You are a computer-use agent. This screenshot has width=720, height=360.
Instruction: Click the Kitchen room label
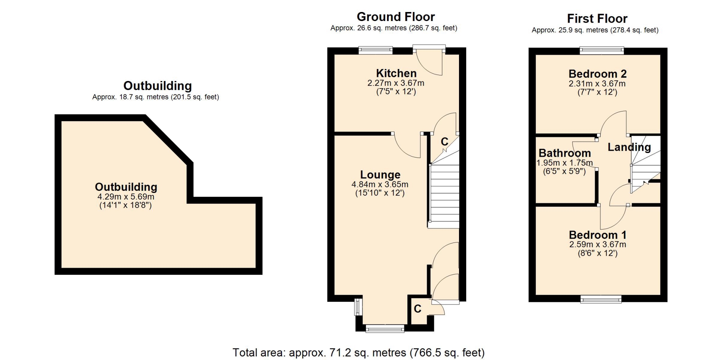pyautogui.click(x=396, y=73)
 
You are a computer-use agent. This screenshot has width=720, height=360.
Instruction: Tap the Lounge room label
pyautogui.click(x=380, y=175)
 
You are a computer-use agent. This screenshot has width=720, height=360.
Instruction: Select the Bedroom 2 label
pyautogui.click(x=597, y=74)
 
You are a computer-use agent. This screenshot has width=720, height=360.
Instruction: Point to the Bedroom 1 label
pyautogui.click(x=598, y=235)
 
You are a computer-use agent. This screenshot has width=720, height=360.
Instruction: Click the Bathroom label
pyautogui.click(x=565, y=153)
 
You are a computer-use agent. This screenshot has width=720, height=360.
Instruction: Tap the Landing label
pyautogui.click(x=629, y=147)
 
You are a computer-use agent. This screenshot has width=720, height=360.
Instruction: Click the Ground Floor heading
pyautogui.click(x=396, y=17)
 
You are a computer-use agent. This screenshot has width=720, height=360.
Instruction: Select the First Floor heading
pyautogui.click(x=597, y=18)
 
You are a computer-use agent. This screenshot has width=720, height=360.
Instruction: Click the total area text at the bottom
pyautogui.click(x=358, y=352)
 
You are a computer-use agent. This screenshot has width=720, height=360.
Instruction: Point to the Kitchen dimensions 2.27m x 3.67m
pyautogui.click(x=396, y=83)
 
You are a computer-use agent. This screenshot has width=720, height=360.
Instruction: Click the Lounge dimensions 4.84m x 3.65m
pyautogui.click(x=380, y=184)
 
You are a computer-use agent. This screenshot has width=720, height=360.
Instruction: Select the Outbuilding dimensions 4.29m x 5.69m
pyautogui.click(x=126, y=197)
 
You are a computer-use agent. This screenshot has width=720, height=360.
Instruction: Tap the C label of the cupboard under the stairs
pyautogui.click(x=444, y=142)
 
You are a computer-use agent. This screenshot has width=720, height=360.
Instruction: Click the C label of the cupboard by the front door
pyautogui.click(x=417, y=309)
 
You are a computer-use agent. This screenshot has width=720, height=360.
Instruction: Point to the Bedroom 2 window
pyautogui.click(x=602, y=50)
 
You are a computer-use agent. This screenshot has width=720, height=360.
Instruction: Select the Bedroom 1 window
pyautogui.click(x=601, y=299)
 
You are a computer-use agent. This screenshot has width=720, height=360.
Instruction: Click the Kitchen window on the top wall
pyautogui.click(x=375, y=50)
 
